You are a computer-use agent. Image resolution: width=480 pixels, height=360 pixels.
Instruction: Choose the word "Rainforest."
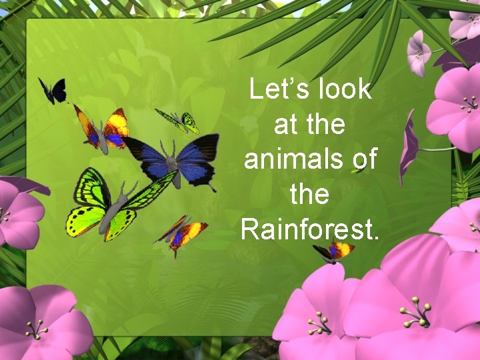coord(310,229)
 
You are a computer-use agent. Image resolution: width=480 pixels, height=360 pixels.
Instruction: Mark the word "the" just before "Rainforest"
coord(310,195)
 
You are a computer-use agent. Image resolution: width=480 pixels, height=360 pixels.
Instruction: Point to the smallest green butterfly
coord(179,121)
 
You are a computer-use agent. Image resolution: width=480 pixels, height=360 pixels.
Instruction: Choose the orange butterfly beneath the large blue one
coord(181,233)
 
